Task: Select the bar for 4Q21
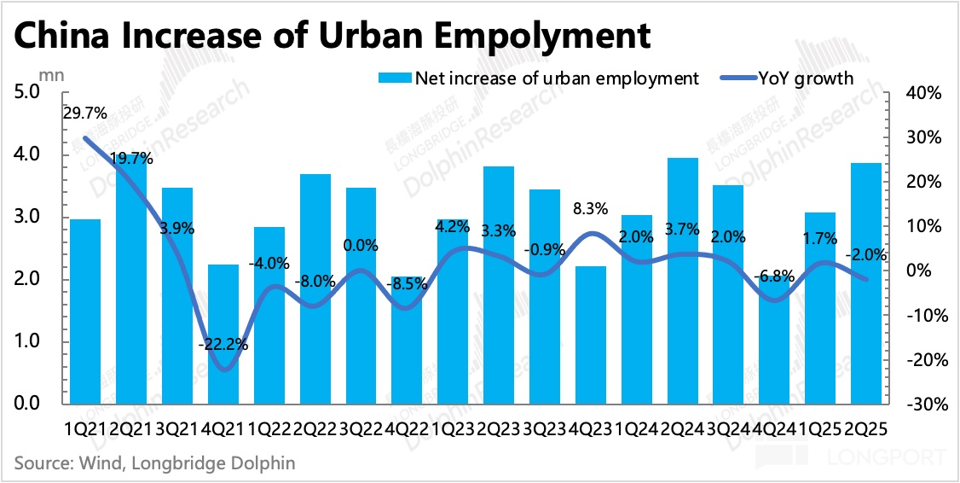[223, 333]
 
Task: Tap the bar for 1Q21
[85, 311]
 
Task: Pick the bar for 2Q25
[865, 282]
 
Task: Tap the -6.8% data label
[773, 276]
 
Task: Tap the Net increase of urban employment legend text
[556, 79]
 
